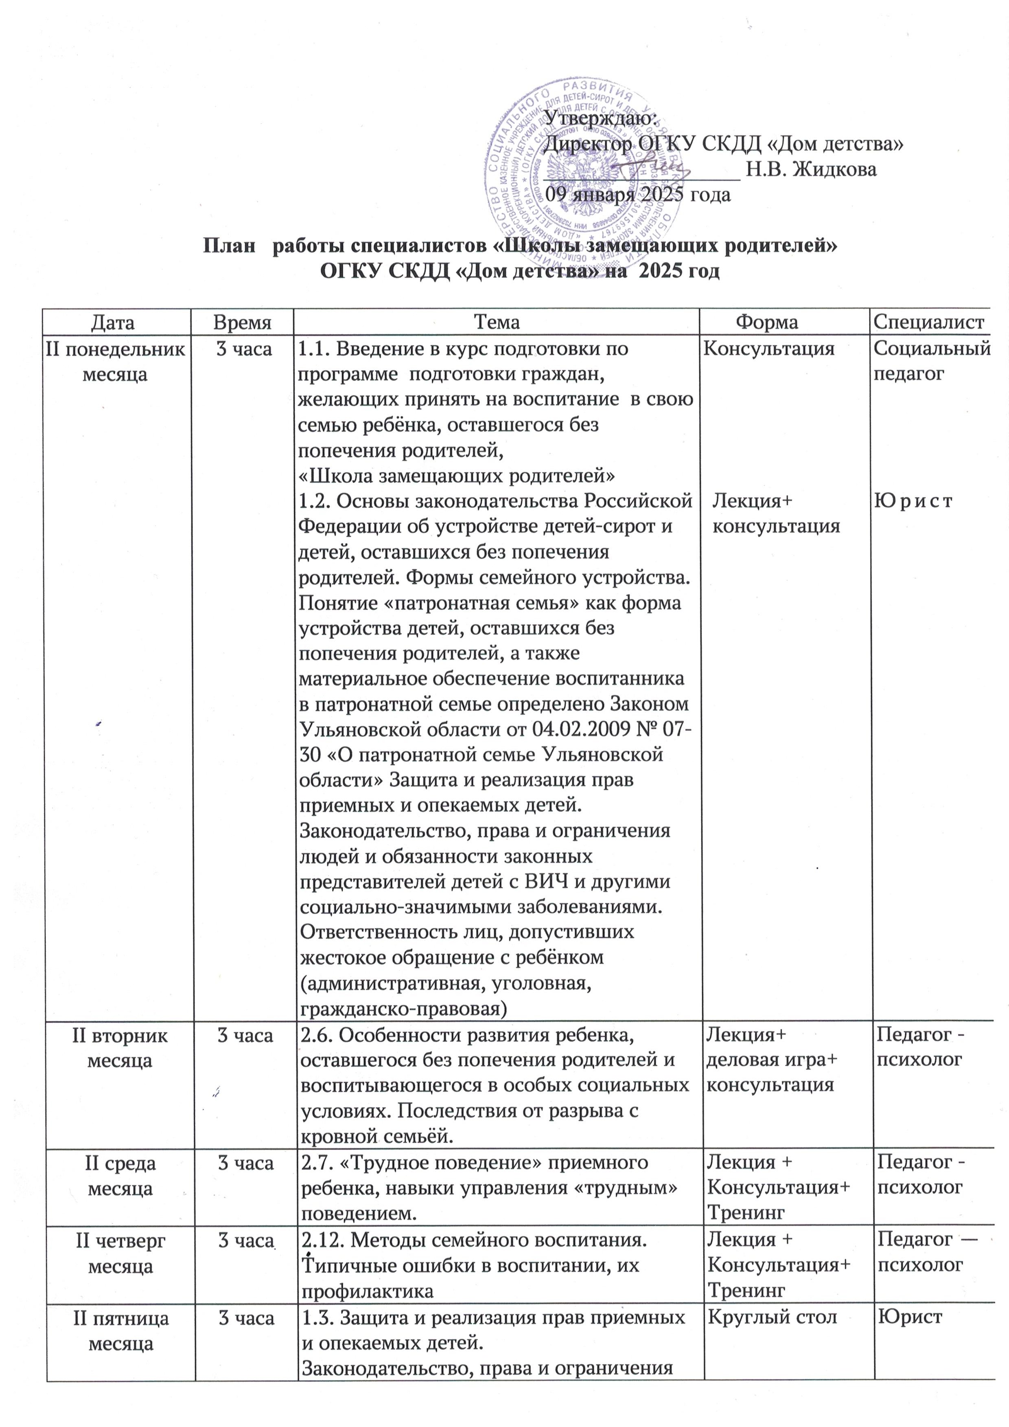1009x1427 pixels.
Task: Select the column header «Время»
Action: tap(242, 322)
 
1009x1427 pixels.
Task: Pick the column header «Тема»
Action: tap(497, 322)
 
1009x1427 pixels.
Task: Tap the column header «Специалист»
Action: tap(928, 322)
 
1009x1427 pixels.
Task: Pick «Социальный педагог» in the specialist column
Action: tap(931, 361)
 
